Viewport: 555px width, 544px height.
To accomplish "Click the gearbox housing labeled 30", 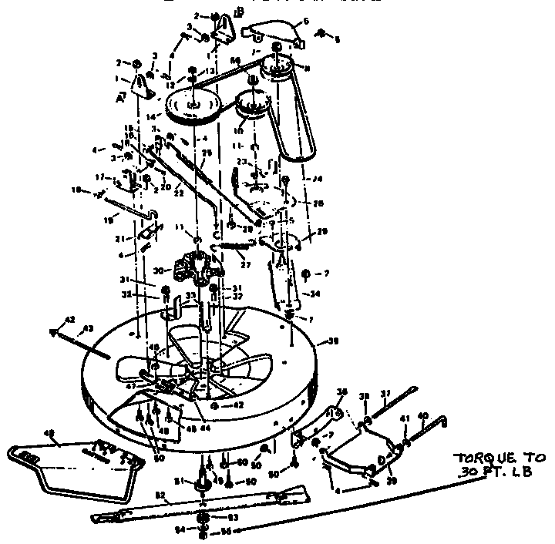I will coord(194,270).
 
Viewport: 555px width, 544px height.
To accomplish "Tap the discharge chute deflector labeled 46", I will coord(73,463).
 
